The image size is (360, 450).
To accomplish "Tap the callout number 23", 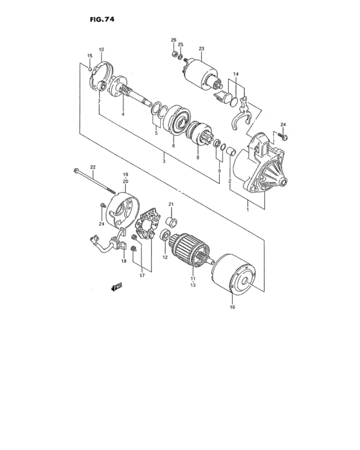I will tap(201, 49).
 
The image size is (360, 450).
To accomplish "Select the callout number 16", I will tap(233, 307).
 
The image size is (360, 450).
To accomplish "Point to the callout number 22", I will tap(93, 167).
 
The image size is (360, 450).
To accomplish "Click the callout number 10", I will tap(101, 50).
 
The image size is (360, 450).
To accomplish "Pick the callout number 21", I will tap(172, 204).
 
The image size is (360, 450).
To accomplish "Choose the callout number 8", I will tap(197, 157).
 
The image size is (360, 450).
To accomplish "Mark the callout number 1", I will tap(248, 210).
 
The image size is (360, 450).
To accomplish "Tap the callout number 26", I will tap(173, 40).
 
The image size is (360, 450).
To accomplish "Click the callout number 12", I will tap(165, 258).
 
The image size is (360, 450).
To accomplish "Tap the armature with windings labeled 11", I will tap(190, 248).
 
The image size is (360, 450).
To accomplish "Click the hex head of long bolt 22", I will tap(77, 171).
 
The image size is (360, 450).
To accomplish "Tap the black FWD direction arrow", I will tap(116, 287).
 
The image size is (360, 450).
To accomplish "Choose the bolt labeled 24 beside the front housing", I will tap(285, 137).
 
